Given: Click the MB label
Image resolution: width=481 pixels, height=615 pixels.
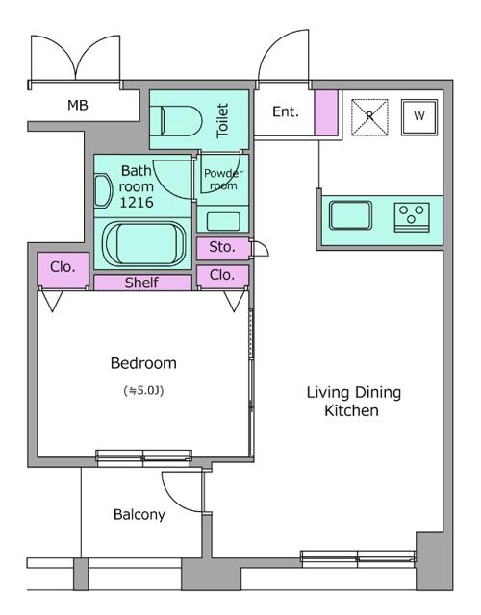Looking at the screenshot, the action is [x=78, y=105].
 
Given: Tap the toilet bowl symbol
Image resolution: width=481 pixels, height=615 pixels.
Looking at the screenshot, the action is [x=181, y=121].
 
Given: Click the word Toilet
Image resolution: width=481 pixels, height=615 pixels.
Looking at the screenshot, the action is [x=222, y=120].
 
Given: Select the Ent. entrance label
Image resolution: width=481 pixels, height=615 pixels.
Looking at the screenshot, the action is [x=286, y=111].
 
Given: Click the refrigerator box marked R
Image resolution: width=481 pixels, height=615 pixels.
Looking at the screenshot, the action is [x=369, y=117].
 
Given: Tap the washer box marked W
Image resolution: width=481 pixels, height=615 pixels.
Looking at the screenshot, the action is [x=419, y=117].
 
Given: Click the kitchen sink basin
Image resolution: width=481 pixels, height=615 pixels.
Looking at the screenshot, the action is [x=350, y=215].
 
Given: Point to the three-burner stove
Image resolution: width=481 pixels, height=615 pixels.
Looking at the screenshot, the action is [x=412, y=217].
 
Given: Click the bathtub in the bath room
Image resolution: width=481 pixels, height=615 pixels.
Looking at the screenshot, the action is [x=144, y=244].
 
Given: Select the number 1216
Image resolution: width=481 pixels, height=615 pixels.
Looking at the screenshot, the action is [x=137, y=202].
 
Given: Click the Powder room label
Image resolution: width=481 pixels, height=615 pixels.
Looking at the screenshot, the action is [x=223, y=180].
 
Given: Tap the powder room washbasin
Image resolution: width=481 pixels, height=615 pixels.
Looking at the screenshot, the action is [x=223, y=221].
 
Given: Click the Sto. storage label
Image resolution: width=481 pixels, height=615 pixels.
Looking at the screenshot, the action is [x=222, y=247].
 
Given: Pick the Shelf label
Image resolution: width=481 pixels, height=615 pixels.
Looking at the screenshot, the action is [x=141, y=283].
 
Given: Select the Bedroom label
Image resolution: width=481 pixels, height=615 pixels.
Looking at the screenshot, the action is [x=143, y=363].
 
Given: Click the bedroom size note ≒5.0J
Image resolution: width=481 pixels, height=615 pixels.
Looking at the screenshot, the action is [x=143, y=391].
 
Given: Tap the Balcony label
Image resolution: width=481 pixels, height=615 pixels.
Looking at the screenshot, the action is [x=139, y=515].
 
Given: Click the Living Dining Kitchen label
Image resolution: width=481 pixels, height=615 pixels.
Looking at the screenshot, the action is [x=353, y=402].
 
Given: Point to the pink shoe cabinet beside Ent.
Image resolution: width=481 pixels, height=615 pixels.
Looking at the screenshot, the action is [x=326, y=113].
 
